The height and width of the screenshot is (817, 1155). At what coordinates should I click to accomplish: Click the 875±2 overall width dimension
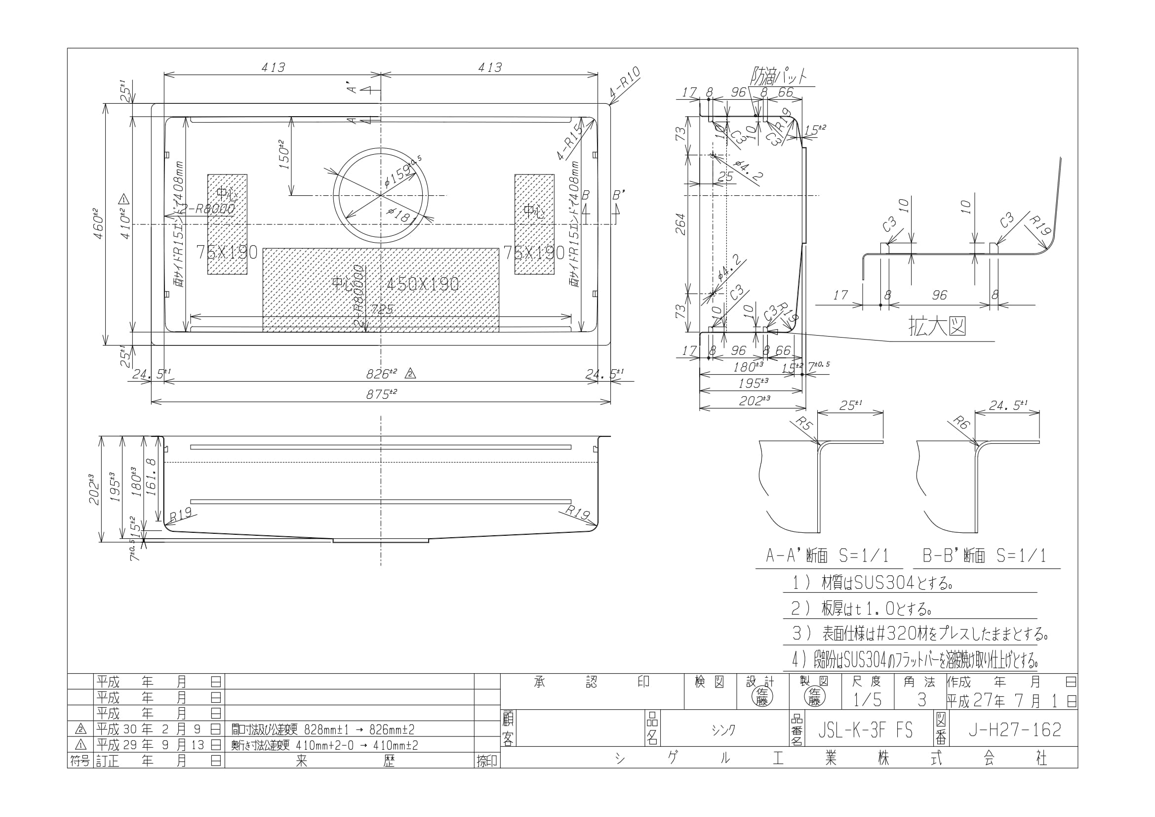point(381,394)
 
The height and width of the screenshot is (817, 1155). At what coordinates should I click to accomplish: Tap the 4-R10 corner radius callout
point(625,82)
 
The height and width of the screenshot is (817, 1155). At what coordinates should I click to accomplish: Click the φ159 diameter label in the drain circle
point(400,172)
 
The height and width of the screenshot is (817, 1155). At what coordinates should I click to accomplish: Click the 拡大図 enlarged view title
point(937,327)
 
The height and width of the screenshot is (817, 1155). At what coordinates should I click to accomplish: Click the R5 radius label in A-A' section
point(805,425)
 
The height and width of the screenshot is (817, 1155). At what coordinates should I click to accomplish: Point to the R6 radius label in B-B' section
point(961,424)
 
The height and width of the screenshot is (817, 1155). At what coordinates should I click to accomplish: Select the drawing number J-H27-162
point(1015,730)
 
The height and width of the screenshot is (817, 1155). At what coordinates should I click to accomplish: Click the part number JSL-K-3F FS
point(865,731)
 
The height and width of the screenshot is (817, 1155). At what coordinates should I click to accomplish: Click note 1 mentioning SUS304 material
point(870,583)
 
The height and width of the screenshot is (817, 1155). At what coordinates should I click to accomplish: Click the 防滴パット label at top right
point(778,77)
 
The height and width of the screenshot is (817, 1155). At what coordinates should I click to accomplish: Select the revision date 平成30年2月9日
point(159,730)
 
